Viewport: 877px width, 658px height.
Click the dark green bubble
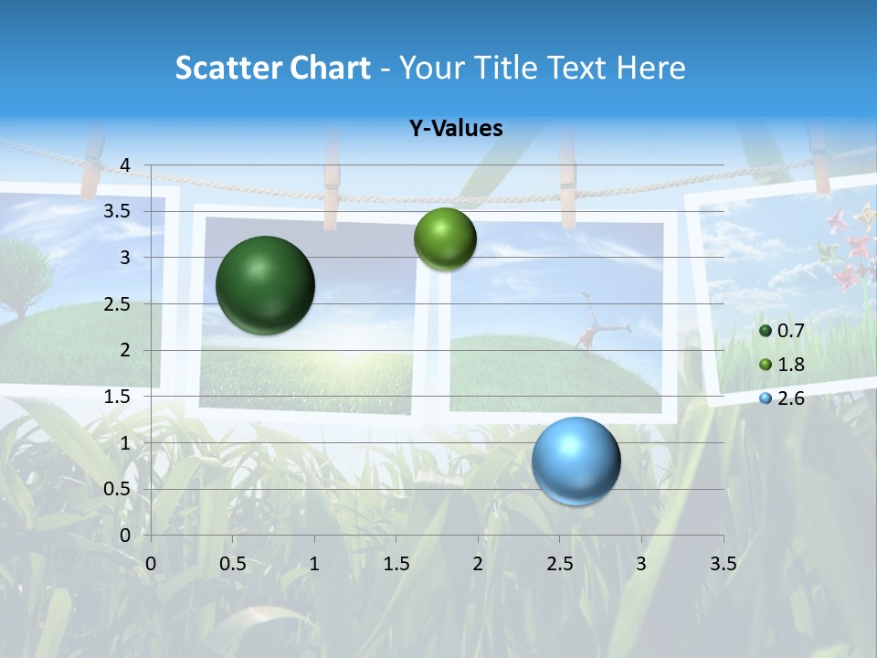(265, 285)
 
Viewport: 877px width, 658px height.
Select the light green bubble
(445, 239)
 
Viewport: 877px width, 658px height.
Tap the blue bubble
(576, 461)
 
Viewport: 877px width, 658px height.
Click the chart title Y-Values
(455, 129)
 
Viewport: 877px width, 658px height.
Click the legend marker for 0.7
(766, 331)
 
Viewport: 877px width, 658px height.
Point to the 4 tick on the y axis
(125, 165)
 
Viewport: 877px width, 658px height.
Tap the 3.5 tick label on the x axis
(723, 563)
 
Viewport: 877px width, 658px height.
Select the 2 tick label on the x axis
(478, 563)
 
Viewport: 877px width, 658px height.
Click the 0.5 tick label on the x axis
(233, 563)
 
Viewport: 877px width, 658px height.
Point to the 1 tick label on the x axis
(314, 563)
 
